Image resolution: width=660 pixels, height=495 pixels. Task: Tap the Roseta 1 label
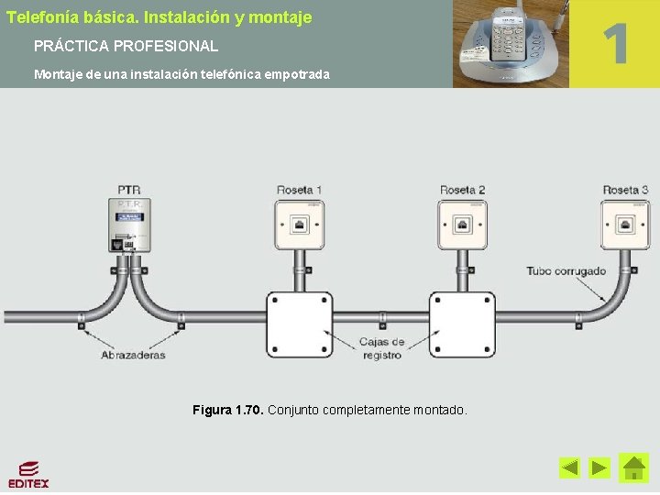coord(299,190)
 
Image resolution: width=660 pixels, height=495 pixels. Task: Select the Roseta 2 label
coord(462,190)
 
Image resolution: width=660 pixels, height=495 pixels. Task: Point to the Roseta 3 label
coord(625,190)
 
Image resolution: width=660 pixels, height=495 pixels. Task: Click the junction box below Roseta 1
coord(300,325)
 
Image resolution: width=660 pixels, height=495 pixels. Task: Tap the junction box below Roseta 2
coord(462,325)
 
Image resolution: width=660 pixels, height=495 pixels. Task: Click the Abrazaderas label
coord(133,355)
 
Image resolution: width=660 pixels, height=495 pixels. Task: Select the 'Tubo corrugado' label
coord(566,271)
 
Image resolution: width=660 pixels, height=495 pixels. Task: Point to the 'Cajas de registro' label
coord(381,348)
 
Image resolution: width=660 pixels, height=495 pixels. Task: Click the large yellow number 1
coord(615,43)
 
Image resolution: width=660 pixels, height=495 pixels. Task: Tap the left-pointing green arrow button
coord(570,468)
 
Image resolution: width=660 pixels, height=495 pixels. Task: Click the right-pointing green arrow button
coord(599,468)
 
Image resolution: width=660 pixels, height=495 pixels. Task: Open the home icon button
coord(633,467)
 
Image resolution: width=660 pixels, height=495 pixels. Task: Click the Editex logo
coord(28,474)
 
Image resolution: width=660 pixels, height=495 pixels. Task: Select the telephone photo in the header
coord(511,43)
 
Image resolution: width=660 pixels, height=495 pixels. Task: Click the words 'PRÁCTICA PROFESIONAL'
coord(126,46)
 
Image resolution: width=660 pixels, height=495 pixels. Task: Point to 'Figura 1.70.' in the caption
coord(227,410)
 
